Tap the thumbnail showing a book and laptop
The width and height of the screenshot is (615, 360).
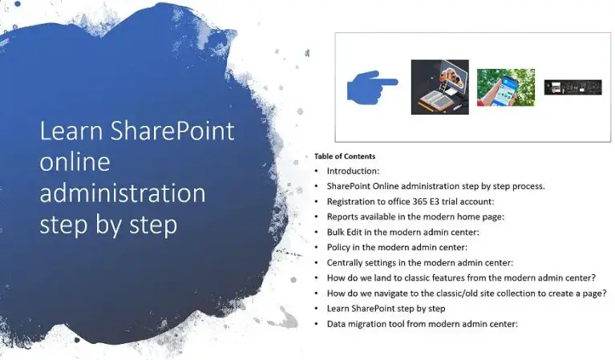(x=439, y=87)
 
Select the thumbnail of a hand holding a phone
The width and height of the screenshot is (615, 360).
(x=505, y=87)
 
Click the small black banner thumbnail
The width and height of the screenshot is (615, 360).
(x=573, y=87)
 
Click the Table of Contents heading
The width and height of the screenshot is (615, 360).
(x=345, y=156)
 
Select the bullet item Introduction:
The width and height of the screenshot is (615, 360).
(x=353, y=172)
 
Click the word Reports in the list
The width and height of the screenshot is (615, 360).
(x=344, y=216)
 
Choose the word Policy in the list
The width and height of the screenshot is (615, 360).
(x=340, y=247)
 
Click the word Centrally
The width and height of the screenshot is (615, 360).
(x=346, y=262)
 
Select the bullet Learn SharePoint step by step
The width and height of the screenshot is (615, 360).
(x=386, y=308)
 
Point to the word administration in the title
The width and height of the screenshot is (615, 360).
(x=122, y=193)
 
